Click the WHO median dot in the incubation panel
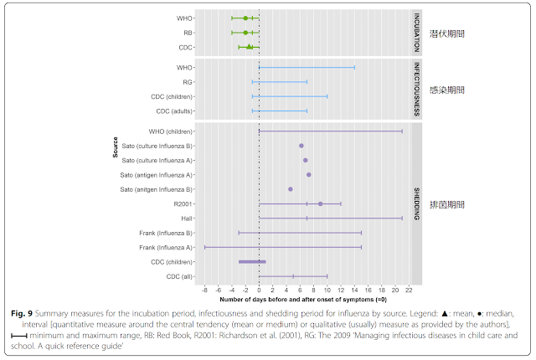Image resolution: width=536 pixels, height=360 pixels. coord(245,18)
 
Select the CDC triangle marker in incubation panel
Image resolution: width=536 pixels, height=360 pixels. coord(249,47)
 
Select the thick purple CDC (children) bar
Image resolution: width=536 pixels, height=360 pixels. coord(252,262)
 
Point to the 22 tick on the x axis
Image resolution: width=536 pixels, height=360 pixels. coord(408,290)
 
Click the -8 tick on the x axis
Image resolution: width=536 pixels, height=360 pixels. coord(205,290)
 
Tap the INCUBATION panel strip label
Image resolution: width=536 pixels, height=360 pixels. coord(415,32)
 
